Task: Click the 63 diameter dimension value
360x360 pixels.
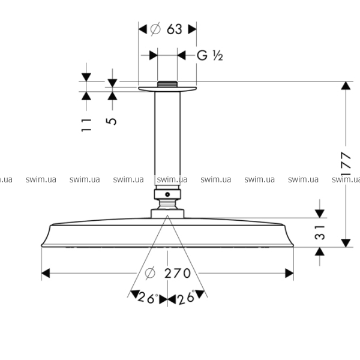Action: (x=174, y=29)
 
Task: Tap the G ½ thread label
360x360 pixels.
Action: (x=210, y=56)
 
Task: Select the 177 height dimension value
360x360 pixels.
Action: (x=346, y=163)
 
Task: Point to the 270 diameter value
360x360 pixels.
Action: (x=178, y=273)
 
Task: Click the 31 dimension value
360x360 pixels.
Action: (x=320, y=233)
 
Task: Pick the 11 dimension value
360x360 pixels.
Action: (x=86, y=125)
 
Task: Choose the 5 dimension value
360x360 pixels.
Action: (x=112, y=121)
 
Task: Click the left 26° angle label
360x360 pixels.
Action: (x=148, y=298)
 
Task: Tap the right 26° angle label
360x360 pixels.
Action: (x=187, y=298)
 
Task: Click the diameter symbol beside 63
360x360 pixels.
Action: (x=155, y=29)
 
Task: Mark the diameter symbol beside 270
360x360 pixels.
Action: (x=150, y=273)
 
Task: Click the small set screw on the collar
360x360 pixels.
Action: (x=167, y=194)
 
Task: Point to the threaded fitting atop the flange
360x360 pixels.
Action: (x=167, y=84)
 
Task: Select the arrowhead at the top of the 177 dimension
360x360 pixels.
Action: (x=346, y=86)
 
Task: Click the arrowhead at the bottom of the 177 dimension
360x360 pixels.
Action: (x=346, y=243)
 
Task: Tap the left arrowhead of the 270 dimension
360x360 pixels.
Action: (x=46, y=273)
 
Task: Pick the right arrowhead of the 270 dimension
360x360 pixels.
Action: (x=289, y=273)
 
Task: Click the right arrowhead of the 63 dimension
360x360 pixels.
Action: (x=193, y=29)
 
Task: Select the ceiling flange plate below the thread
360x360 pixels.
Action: (x=167, y=89)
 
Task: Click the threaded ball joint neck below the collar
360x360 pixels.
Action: (x=167, y=204)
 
